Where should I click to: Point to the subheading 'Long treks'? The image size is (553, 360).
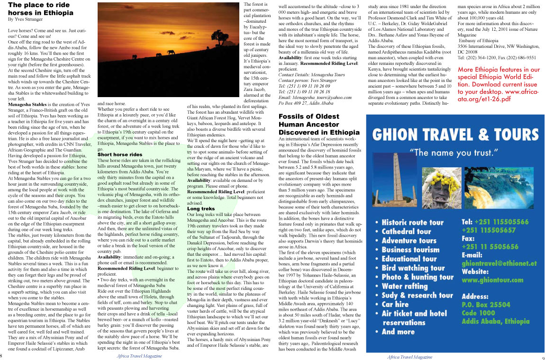[x=201, y=208]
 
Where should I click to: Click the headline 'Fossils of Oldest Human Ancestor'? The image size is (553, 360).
[x=318, y=125]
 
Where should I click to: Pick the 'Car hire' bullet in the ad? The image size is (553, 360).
[x=401, y=304]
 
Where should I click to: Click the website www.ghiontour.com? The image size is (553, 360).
[x=492, y=280]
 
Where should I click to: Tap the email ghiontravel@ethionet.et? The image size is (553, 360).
[x=499, y=263]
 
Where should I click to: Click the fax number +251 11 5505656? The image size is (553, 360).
[x=490, y=247]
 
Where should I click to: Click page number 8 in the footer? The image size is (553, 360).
[x=2, y=356]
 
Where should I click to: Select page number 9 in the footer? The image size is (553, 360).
[x=544, y=358]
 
